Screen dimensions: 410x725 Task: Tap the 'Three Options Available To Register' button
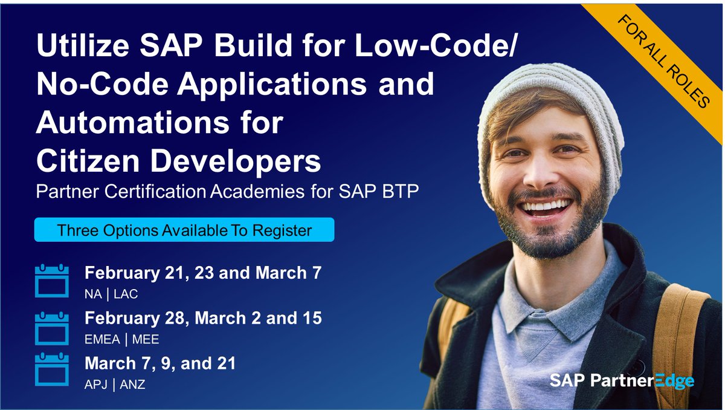click(184, 230)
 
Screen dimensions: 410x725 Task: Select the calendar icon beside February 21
click(52, 281)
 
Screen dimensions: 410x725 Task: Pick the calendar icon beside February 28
click(52, 327)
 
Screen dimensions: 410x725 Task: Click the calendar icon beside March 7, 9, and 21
click(52, 369)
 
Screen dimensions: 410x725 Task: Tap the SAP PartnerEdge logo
click(622, 380)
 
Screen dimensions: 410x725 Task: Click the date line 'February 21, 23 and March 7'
click(202, 273)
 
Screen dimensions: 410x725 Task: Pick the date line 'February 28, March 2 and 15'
click(203, 318)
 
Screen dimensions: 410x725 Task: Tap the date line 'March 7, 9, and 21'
click(160, 363)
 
